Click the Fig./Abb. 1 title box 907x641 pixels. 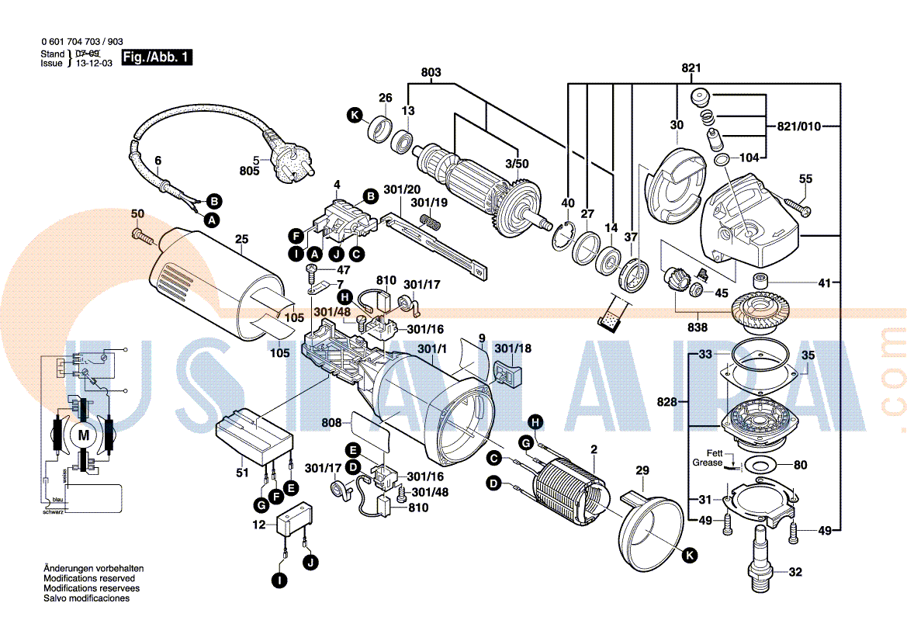156,57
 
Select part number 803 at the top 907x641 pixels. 431,72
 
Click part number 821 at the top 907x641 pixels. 691,68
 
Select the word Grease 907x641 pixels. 708,463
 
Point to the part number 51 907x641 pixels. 242,472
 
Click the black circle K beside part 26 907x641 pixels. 355,116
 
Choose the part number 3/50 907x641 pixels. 517,164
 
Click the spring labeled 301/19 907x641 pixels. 430,222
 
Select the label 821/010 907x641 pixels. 798,126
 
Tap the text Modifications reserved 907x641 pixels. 89,579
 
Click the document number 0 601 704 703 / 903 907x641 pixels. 81,42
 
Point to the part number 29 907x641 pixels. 642,470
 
